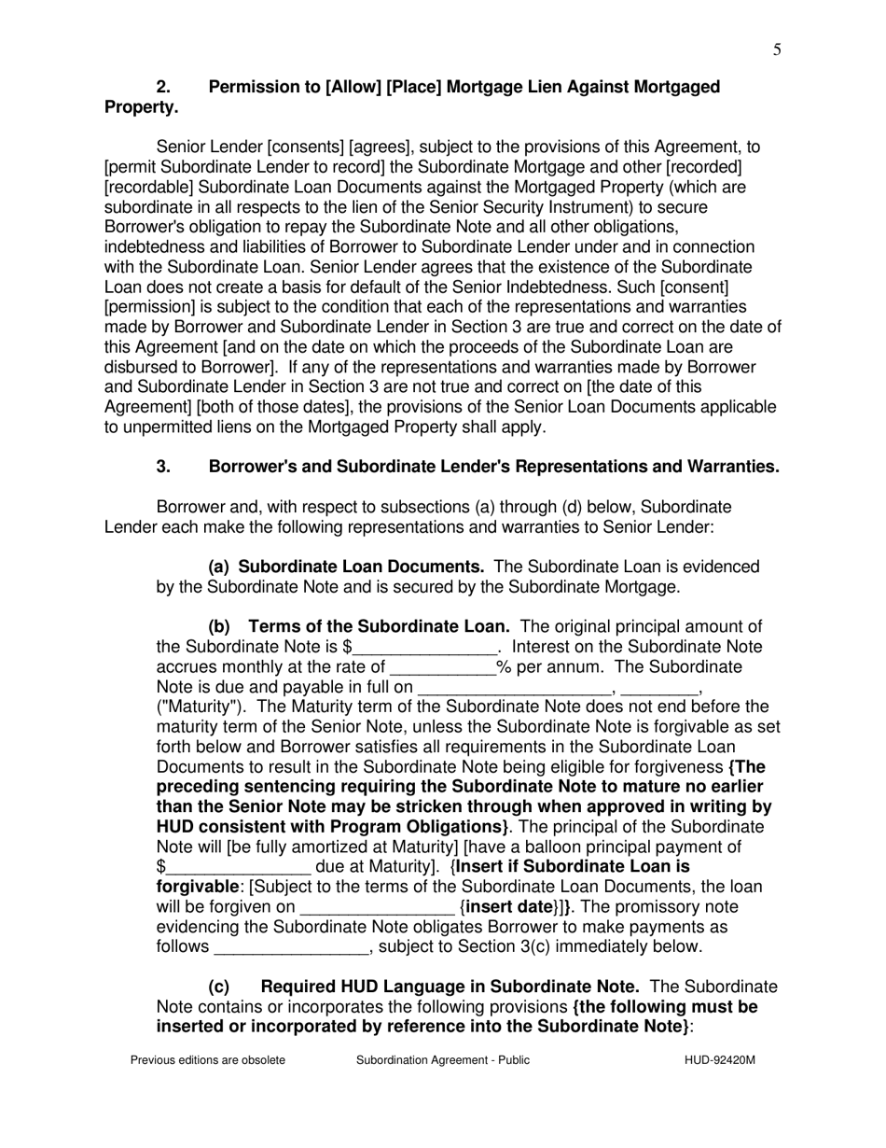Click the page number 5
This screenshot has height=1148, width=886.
pos(777,50)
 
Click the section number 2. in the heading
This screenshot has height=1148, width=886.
pos(163,87)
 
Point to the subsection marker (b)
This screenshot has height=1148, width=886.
pos(218,626)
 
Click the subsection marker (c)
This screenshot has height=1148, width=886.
pos(218,987)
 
